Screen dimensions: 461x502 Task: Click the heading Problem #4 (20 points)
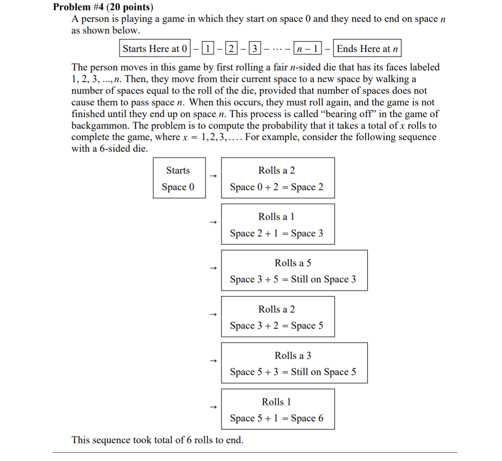103,7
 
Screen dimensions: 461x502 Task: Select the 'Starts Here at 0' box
155,49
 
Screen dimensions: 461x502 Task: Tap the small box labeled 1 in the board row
207,49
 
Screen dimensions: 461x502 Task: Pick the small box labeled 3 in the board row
255,49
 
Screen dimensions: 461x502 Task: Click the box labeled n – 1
307,49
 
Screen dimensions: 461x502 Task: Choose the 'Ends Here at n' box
367,49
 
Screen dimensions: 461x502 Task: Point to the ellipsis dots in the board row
277,49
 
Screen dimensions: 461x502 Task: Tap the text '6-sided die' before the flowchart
123,149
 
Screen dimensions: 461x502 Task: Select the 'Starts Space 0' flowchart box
179,178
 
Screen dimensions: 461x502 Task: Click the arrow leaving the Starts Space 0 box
213,176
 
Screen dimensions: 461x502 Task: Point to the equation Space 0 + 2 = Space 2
277,187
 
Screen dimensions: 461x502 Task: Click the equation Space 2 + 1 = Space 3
277,233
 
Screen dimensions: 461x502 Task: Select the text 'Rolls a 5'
293,263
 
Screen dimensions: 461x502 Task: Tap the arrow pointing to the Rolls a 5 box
213,268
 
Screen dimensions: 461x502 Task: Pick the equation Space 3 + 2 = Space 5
277,326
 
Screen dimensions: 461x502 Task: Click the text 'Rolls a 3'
293,355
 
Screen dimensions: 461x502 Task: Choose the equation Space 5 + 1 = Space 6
277,418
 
